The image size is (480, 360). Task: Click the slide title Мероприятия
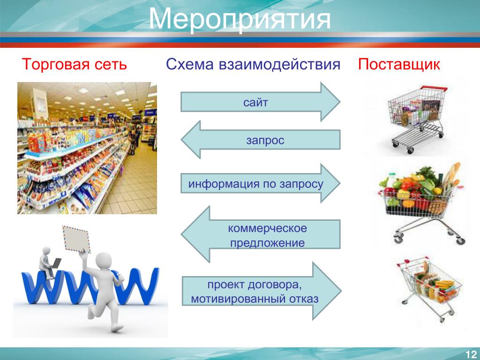(x=240, y=19)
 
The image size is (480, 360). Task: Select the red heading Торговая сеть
(x=75, y=65)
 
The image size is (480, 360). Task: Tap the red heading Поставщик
(x=399, y=65)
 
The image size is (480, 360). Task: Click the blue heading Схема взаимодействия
(x=253, y=65)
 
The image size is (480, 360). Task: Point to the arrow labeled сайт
(x=260, y=102)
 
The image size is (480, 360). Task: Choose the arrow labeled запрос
(x=260, y=140)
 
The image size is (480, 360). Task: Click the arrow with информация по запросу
(x=260, y=183)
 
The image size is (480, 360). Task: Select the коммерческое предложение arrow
(x=260, y=234)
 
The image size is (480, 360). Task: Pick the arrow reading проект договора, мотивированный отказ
(x=262, y=291)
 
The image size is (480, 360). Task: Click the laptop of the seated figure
(x=56, y=263)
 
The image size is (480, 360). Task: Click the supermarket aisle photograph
(x=87, y=148)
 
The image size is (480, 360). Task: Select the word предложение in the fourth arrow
(x=267, y=243)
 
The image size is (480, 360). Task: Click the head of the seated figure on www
(x=46, y=250)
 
